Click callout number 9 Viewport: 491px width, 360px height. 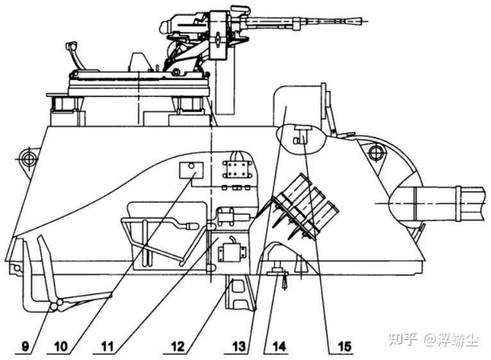tap(25, 347)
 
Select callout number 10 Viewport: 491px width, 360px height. tap(61, 347)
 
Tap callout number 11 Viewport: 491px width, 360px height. tap(107, 347)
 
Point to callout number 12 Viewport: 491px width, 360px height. tap(178, 347)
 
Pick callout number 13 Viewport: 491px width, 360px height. tap(239, 347)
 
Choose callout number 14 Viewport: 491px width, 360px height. tap(279, 347)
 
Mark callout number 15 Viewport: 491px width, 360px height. tap(344, 347)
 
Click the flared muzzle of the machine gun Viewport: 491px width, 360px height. tap(354, 21)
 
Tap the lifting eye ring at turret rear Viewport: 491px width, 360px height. tap(29, 159)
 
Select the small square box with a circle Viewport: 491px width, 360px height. tap(191, 170)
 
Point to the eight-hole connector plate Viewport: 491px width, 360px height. tap(237, 169)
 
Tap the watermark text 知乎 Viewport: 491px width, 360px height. tap(403, 339)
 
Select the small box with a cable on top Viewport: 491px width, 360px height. tap(232, 251)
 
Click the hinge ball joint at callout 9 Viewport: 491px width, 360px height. tap(56, 305)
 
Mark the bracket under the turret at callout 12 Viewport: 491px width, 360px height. tap(240, 292)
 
